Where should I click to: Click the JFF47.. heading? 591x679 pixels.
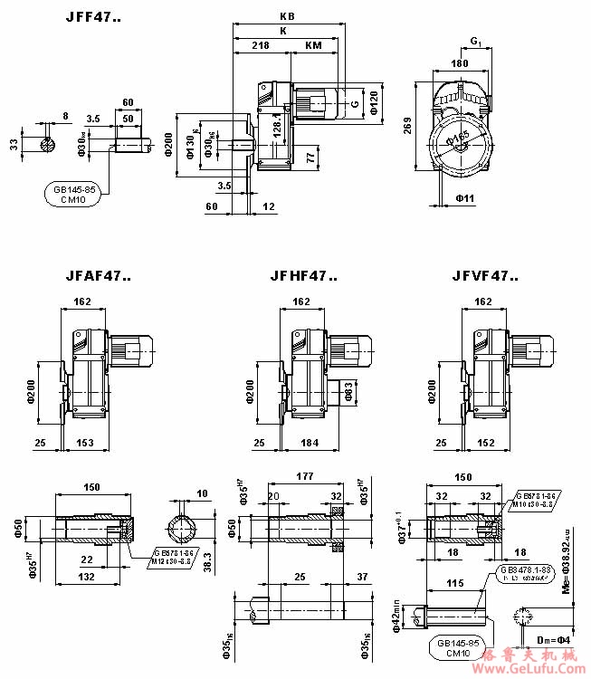92,18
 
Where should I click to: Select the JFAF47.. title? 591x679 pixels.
97,276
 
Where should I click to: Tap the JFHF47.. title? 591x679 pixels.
303,276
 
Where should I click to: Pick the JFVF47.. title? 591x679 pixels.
476,276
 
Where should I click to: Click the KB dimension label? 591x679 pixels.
287,17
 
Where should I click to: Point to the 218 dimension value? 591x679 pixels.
261,44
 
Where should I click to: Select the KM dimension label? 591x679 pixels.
313,44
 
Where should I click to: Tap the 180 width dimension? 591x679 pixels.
460,64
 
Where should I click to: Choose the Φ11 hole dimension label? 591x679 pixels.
465,196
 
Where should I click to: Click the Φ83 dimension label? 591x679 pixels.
348,391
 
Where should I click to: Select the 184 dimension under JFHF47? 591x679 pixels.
309,443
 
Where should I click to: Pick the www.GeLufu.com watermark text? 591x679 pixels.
534,668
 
